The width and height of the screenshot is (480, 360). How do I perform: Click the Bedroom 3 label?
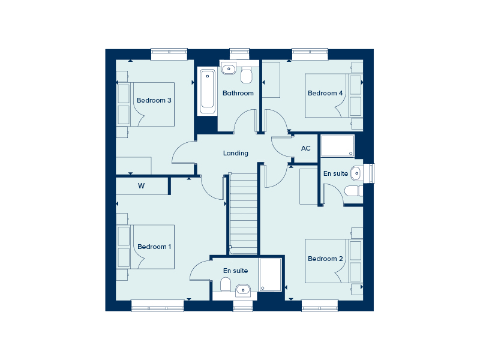[x=154, y=100]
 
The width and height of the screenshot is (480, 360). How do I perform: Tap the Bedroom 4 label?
[x=325, y=93]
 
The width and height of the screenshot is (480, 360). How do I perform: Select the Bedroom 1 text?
[x=154, y=247]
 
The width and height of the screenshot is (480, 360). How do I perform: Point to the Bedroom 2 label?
[x=325, y=259]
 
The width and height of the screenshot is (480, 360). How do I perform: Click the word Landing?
[x=236, y=153]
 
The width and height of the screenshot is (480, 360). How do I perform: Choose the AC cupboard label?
[x=306, y=148]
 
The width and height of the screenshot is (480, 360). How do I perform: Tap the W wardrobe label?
[x=141, y=186]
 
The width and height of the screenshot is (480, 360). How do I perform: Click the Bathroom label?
[x=238, y=93]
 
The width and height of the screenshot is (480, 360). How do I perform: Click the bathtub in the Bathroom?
[x=207, y=91]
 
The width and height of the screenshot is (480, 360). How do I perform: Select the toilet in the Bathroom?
[x=247, y=76]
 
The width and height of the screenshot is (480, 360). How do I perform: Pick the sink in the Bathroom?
[x=229, y=68]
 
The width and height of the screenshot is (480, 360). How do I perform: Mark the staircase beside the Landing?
[x=244, y=214]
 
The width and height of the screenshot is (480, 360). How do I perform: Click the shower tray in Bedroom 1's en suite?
[x=271, y=275]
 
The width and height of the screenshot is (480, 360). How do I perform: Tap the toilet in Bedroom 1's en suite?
[x=226, y=284]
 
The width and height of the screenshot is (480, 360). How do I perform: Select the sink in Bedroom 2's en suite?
[x=356, y=174]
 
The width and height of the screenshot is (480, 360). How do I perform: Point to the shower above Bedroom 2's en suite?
[x=338, y=146]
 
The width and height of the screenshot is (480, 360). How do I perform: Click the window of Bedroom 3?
[x=169, y=54]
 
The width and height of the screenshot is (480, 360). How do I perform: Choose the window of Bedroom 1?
[x=157, y=305]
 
